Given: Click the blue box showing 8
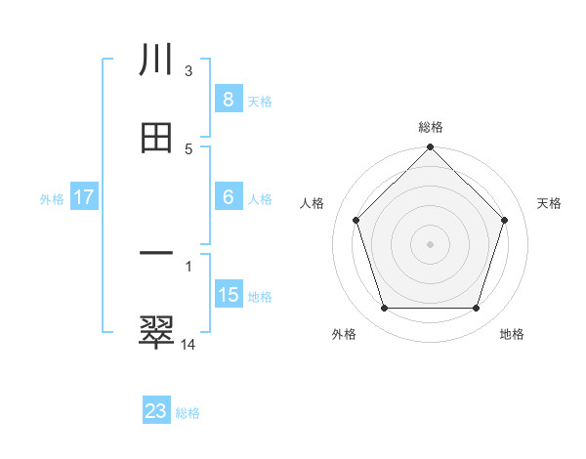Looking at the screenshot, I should pos(228,100).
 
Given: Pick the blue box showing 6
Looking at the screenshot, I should pos(228,197).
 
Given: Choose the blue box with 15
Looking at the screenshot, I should pos(228,295).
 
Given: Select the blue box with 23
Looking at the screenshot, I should pos(156,411).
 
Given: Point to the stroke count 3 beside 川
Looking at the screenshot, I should pos(188,70).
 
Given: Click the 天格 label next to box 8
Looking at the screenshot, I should pos(259,102).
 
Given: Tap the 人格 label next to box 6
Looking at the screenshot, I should pos(259,199).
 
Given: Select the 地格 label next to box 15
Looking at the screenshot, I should pos(259,297).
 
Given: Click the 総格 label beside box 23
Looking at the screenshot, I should pos(188,413).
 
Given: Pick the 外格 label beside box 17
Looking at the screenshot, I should pos(52,199).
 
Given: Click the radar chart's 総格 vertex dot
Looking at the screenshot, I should pos(430,148).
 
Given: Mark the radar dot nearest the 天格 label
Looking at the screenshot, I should pos(504,220).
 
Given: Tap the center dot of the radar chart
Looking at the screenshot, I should pos(430,243).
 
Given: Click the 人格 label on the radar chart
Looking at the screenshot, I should pos(313,203).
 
